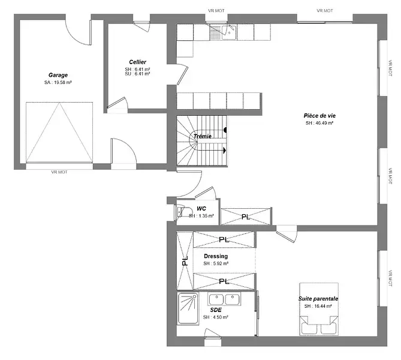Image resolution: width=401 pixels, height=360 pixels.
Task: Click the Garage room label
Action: (58, 75)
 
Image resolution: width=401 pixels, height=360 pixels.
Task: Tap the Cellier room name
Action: (138, 62)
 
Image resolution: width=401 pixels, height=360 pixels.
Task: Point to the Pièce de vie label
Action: (319, 116)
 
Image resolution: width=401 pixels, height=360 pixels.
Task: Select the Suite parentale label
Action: (318, 299)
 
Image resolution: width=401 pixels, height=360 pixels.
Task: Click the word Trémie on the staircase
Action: (203, 136)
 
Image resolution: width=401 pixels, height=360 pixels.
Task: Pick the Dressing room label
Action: (216, 256)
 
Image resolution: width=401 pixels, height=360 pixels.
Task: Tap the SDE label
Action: (216, 310)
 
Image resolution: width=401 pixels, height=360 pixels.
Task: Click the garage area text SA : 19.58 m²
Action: (58, 82)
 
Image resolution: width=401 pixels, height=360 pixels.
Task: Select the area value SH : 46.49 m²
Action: (319, 123)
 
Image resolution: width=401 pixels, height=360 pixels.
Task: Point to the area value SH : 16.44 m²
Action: (318, 306)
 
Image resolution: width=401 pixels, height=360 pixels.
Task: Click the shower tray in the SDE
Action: (188, 308)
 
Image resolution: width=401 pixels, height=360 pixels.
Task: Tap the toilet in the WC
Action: (183, 211)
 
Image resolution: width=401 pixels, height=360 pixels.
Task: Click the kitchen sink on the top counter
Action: (229, 32)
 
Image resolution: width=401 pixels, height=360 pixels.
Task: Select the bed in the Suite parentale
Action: (319, 309)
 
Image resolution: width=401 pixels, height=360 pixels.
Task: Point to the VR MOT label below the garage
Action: (59, 172)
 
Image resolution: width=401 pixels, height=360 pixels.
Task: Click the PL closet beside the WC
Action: (246, 217)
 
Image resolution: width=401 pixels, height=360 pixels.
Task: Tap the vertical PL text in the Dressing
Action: (185, 260)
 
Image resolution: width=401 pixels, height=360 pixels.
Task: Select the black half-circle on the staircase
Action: (225, 130)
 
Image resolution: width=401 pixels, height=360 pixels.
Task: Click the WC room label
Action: (201, 209)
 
